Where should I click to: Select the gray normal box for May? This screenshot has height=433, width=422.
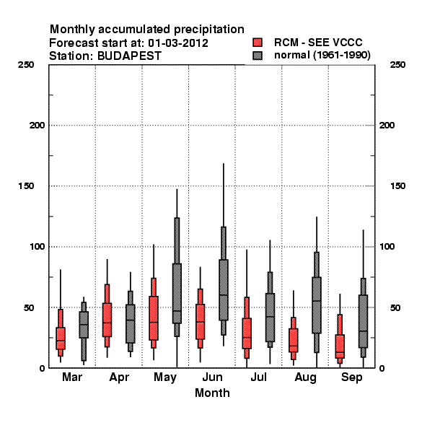[x=177, y=293]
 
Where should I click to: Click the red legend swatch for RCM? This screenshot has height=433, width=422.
[x=258, y=43]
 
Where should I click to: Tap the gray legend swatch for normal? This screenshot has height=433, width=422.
[x=258, y=56]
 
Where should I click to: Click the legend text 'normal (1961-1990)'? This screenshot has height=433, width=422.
[x=322, y=56]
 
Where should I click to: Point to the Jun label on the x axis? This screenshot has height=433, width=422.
[x=212, y=377]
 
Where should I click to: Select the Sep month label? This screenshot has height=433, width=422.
[x=351, y=377]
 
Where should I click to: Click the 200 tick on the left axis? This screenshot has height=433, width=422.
[x=37, y=126]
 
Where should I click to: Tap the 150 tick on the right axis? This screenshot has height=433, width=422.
[x=398, y=186]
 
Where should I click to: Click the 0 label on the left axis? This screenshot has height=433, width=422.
[x=42, y=368]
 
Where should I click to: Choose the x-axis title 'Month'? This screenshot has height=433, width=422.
[x=212, y=393]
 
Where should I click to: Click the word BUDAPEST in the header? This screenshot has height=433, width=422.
[x=129, y=56]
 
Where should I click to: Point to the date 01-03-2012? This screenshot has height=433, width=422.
[x=178, y=43]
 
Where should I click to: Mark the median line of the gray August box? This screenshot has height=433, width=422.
[x=317, y=301]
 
